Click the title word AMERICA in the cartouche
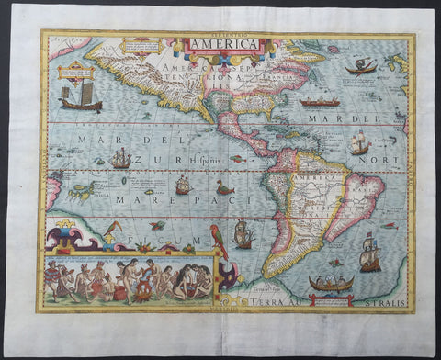(x=224, y=43)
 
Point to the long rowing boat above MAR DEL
(x=319, y=103)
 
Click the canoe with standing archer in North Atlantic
(x=362, y=66)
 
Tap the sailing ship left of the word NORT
(x=359, y=143)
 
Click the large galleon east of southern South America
(x=369, y=253)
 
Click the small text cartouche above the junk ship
(x=77, y=71)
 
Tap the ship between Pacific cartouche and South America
(x=243, y=236)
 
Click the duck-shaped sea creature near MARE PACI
(x=224, y=188)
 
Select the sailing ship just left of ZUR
(x=120, y=158)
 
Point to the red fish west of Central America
(x=237, y=159)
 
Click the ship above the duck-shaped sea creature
(x=183, y=185)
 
